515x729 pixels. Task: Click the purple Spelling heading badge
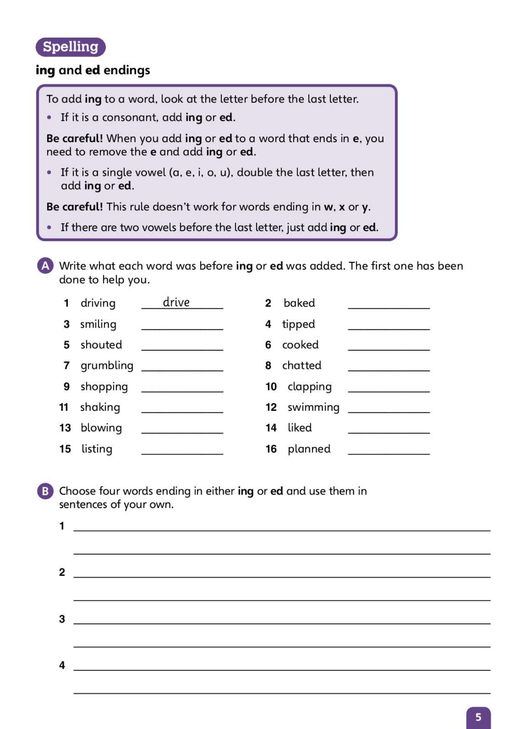[70, 47]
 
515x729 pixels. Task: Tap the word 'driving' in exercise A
[98, 303]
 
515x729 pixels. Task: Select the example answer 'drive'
[176, 302]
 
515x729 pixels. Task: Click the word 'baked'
[299, 303]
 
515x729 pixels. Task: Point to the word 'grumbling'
[107, 366]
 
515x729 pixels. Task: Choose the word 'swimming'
[313, 407]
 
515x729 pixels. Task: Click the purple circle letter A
[45, 266]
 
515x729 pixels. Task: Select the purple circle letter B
[45, 491]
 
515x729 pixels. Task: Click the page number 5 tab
[478, 717]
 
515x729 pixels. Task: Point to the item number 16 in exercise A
[271, 449]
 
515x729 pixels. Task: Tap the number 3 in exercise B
[62, 619]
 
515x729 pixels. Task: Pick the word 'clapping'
[310, 387]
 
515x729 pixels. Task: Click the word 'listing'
[97, 449]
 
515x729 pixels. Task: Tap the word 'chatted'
[301, 366]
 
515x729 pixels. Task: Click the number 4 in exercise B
[62, 665]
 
